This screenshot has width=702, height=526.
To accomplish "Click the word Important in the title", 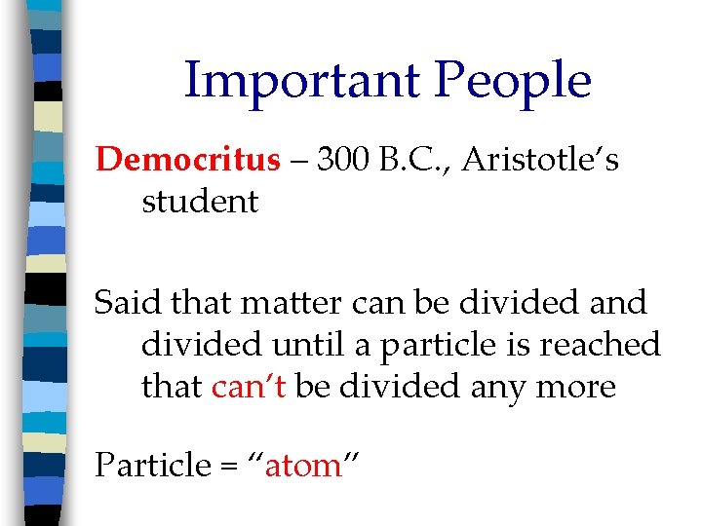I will click(x=300, y=80).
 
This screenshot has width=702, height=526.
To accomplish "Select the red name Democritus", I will click(x=187, y=160).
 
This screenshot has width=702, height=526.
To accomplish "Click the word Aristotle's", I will click(x=540, y=160).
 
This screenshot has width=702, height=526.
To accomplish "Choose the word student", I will click(x=200, y=202).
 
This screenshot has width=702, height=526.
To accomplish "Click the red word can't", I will click(x=248, y=387).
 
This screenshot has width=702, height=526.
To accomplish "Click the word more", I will click(x=579, y=388).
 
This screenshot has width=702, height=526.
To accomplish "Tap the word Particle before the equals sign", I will click(x=150, y=466).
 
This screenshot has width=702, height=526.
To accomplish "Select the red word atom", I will click(x=303, y=467).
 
